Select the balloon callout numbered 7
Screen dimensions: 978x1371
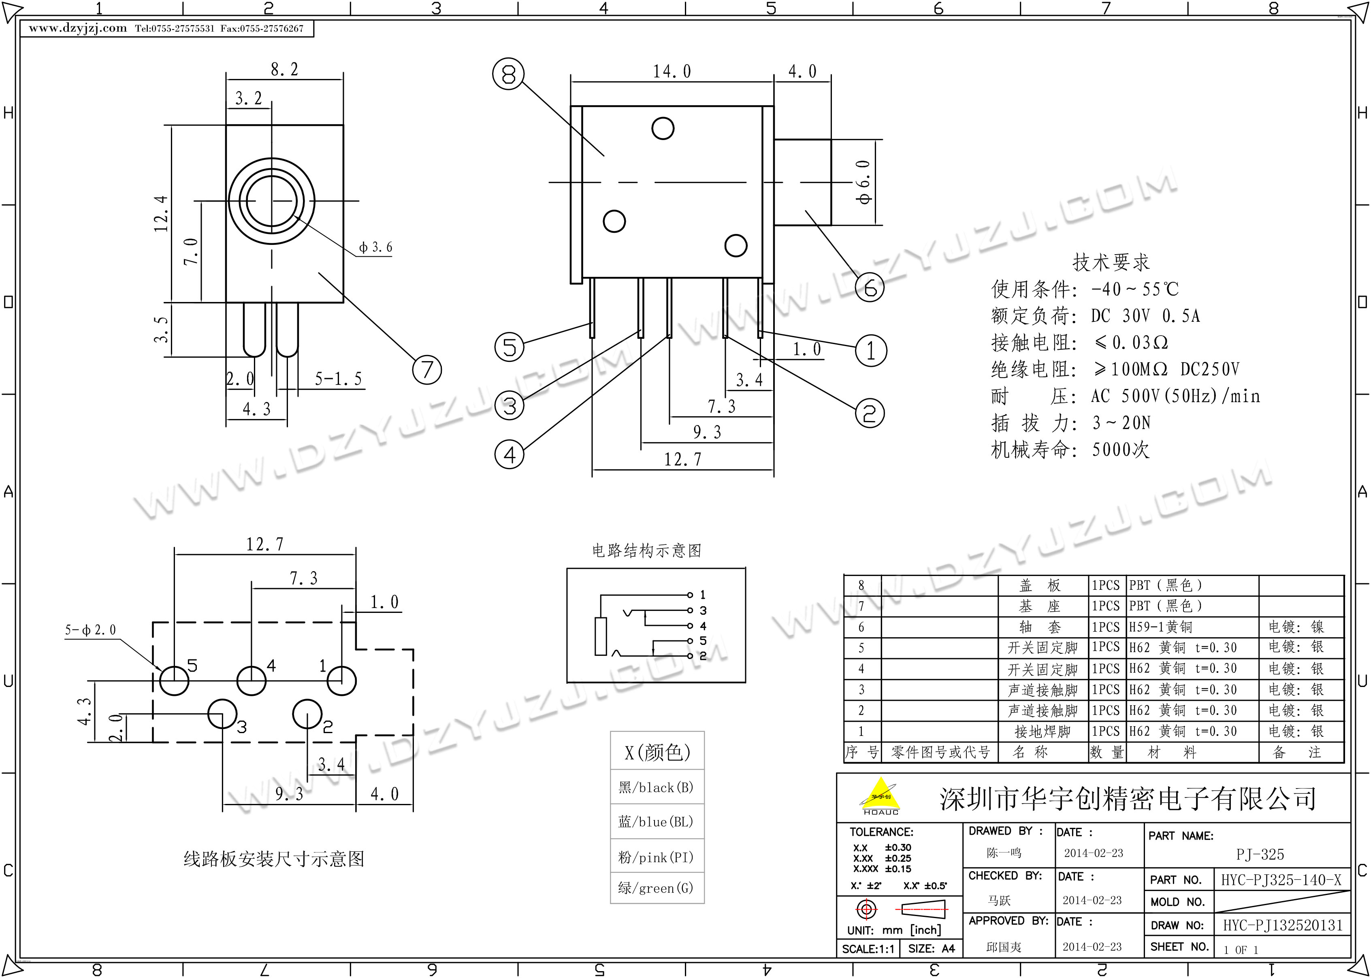point(426,369)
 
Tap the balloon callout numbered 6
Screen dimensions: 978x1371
point(870,287)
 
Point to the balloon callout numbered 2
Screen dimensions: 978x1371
point(870,413)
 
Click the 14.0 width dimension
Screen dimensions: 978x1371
point(672,72)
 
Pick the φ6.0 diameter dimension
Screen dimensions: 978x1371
point(864,181)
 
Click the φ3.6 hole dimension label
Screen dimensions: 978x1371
point(375,247)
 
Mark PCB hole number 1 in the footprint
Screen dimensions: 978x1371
point(341,681)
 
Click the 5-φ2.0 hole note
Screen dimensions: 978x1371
point(90,630)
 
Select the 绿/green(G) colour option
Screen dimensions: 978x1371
point(656,888)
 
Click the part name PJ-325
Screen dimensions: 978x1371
point(1260,855)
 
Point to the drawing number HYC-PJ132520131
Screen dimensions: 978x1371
point(1282,925)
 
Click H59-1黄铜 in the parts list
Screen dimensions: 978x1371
point(1160,627)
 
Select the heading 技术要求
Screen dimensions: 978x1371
point(1111,263)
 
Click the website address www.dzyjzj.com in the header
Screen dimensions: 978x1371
point(78,28)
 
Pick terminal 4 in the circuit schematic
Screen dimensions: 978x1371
point(691,626)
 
